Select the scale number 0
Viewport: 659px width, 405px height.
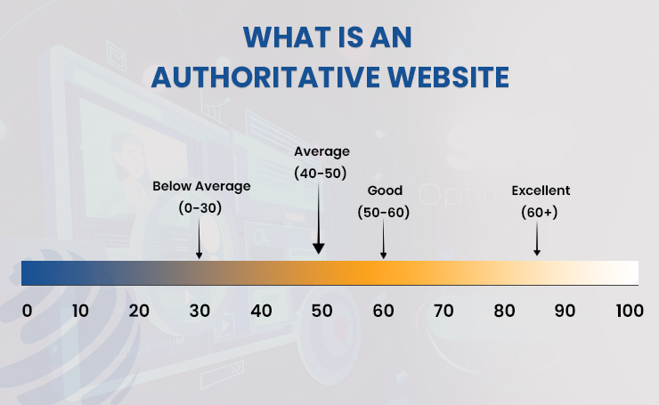coord(27,311)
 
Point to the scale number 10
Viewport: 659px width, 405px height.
coord(80,311)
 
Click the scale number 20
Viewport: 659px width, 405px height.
coord(139,311)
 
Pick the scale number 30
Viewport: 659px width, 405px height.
coord(199,311)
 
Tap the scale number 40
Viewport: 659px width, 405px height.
coord(261,311)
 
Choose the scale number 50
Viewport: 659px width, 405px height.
coord(321,311)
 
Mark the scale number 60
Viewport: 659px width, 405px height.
coord(383,311)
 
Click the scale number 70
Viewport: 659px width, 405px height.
coord(443,311)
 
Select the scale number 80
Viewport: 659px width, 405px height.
coord(504,311)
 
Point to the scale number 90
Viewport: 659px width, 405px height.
coord(565,311)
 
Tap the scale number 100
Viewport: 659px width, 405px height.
coord(629,311)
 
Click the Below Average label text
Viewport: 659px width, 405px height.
coord(201,186)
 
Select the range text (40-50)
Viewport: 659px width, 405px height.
coord(321,174)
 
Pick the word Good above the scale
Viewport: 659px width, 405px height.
coord(385,190)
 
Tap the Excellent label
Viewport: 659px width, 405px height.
coord(541,190)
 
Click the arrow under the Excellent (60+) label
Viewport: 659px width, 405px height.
coord(537,240)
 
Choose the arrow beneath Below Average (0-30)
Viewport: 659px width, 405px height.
coord(199,242)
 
